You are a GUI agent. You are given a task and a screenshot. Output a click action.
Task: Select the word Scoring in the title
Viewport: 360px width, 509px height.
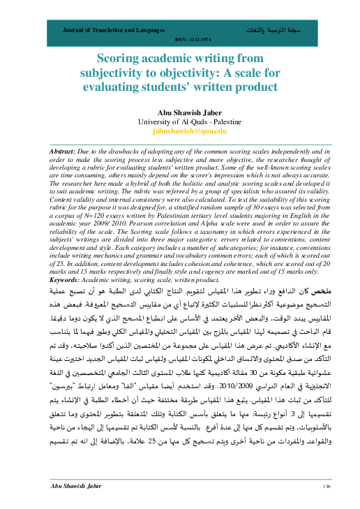[x=119, y=61]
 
